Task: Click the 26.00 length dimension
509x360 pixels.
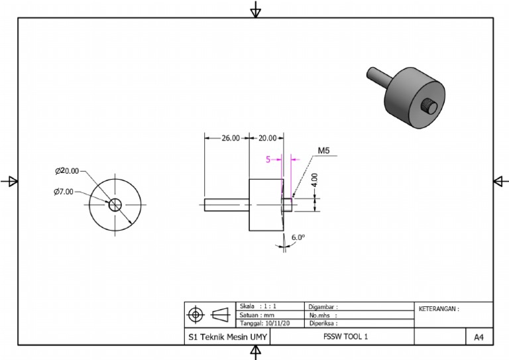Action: pyautogui.click(x=230, y=139)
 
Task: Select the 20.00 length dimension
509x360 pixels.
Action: pyautogui.click(x=267, y=139)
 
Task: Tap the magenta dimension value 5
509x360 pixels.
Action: pyautogui.click(x=268, y=159)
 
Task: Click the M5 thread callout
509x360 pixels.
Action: pyautogui.click(x=324, y=151)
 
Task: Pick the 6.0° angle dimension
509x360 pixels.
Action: pyautogui.click(x=297, y=237)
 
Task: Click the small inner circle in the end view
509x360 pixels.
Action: pyautogui.click(x=116, y=204)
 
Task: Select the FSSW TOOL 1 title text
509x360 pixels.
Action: pyautogui.click(x=342, y=337)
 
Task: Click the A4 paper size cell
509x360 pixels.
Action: pyautogui.click(x=479, y=337)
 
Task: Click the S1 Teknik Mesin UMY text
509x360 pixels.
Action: pyautogui.click(x=227, y=337)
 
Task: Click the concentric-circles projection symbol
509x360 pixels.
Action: pyautogui.click(x=196, y=314)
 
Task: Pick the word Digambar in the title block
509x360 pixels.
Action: pyautogui.click(x=323, y=307)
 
